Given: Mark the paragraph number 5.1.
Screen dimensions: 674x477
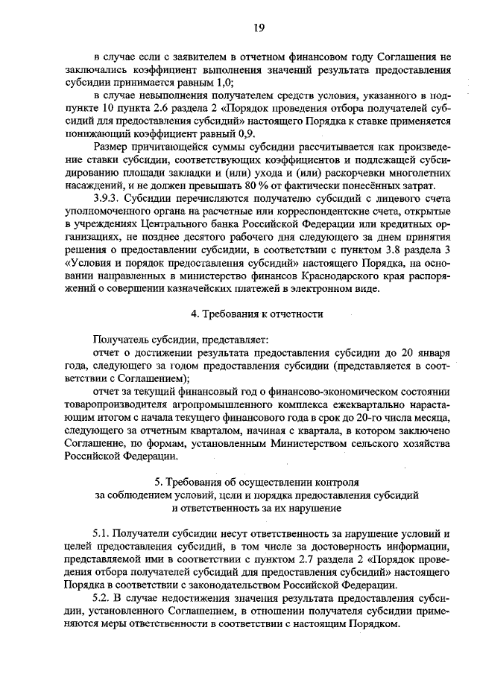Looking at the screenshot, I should tap(102, 534).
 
